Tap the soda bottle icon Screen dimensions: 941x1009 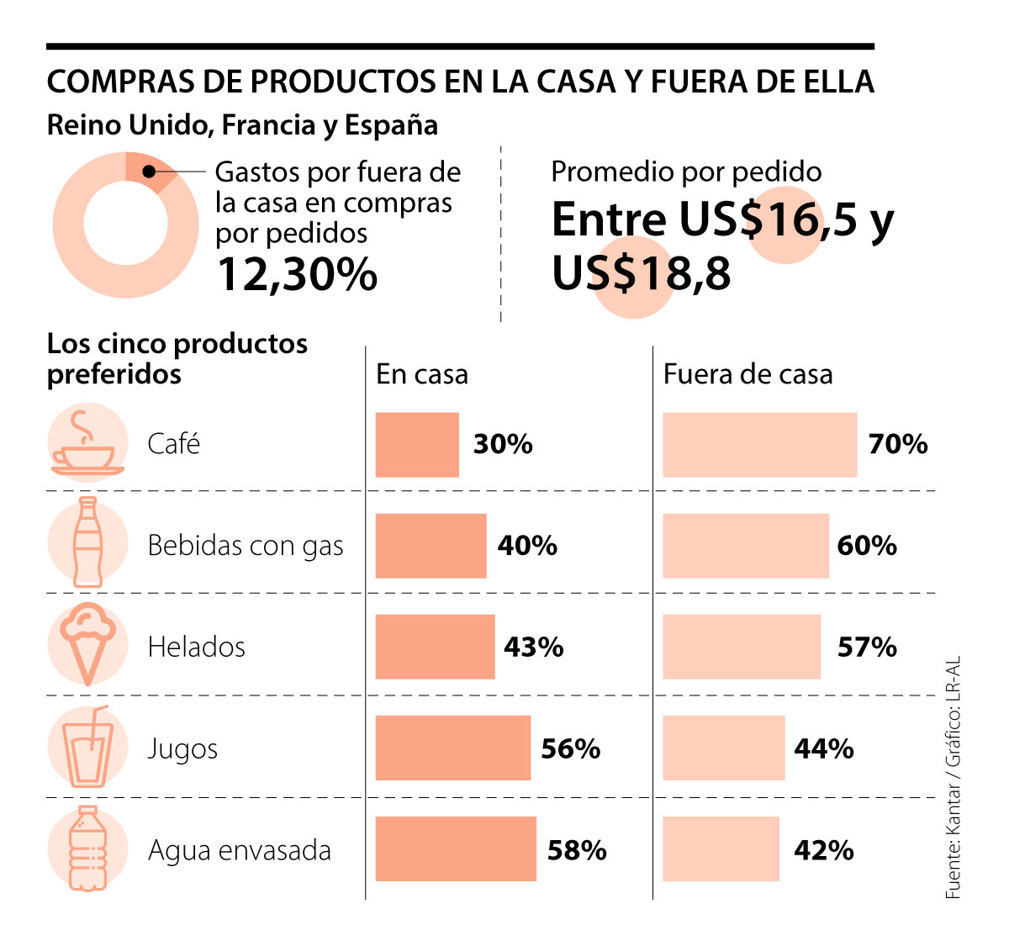[87, 542]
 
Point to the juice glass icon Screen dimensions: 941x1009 [88, 747]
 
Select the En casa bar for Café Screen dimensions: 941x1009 [417, 445]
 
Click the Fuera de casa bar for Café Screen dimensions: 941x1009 [759, 445]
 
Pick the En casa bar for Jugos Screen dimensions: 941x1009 [452, 748]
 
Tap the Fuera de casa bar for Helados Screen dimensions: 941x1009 [741, 647]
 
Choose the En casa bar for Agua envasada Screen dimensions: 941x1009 [455, 848]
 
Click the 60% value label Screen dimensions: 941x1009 [867, 546]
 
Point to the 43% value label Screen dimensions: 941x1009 [533, 647]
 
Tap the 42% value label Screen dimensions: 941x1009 [823, 850]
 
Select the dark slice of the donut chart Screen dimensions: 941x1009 [151, 170]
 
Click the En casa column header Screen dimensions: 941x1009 [421, 374]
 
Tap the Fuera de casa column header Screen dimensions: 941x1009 [748, 374]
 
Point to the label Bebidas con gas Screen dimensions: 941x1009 [246, 546]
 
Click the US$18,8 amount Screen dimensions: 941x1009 [641, 274]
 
